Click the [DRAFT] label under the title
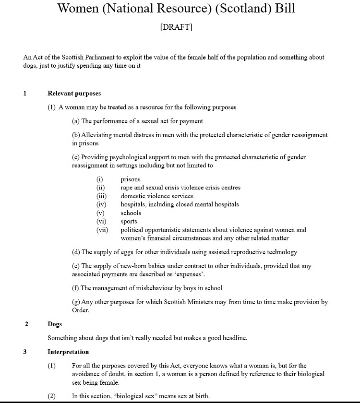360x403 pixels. (176, 27)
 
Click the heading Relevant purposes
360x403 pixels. (74, 93)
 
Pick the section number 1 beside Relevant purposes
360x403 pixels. (25, 93)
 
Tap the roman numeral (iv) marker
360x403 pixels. (101, 204)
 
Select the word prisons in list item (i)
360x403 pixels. (131, 179)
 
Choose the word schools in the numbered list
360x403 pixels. (131, 213)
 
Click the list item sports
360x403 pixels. (129, 221)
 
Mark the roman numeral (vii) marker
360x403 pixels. (102, 230)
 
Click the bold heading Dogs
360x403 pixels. (55, 324)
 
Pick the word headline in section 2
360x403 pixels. (234, 338)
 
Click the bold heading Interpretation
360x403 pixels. (68, 352)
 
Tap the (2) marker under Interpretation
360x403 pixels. (52, 396)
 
